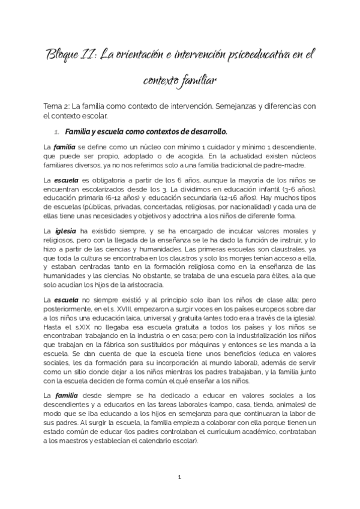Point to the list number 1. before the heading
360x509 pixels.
click(57, 131)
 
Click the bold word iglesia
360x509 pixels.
click(65, 231)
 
